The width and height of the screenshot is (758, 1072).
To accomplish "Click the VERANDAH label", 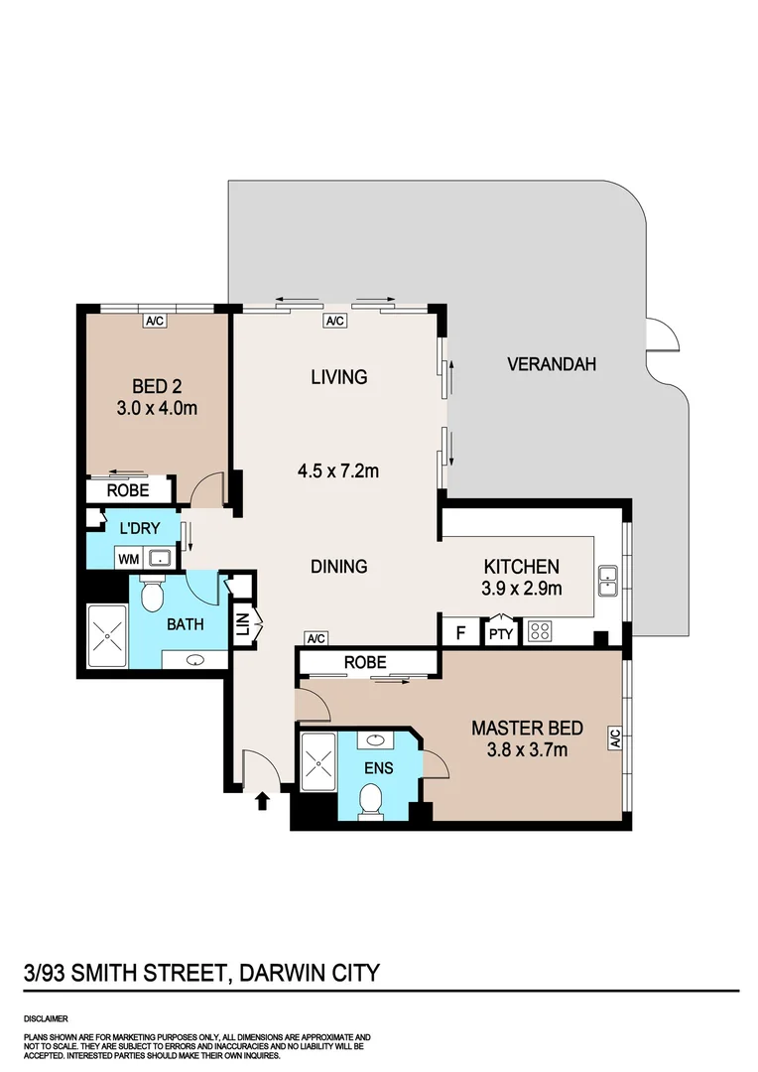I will coord(552,364).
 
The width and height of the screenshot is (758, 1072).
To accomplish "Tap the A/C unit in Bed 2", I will coord(154,321).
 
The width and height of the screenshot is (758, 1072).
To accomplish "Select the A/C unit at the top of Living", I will coord(334,321).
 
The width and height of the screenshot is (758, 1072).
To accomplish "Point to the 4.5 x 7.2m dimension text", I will coord(338,471).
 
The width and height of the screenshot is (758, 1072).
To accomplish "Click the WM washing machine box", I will coord(128,559).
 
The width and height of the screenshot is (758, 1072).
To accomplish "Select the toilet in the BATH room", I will coord(152,594).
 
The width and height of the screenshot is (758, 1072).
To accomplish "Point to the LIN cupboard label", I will coord(241,625).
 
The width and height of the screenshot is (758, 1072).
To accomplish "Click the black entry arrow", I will coord(263,800).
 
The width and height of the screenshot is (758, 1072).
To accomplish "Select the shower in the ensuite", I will coord(317,761).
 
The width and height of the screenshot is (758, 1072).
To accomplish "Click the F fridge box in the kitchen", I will coord(459,631).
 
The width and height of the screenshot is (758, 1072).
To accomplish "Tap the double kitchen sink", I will coord(608,582).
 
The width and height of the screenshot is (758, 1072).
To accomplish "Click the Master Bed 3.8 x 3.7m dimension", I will coord(528,749).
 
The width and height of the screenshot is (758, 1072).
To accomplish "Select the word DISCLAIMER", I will coord(46,1019).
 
